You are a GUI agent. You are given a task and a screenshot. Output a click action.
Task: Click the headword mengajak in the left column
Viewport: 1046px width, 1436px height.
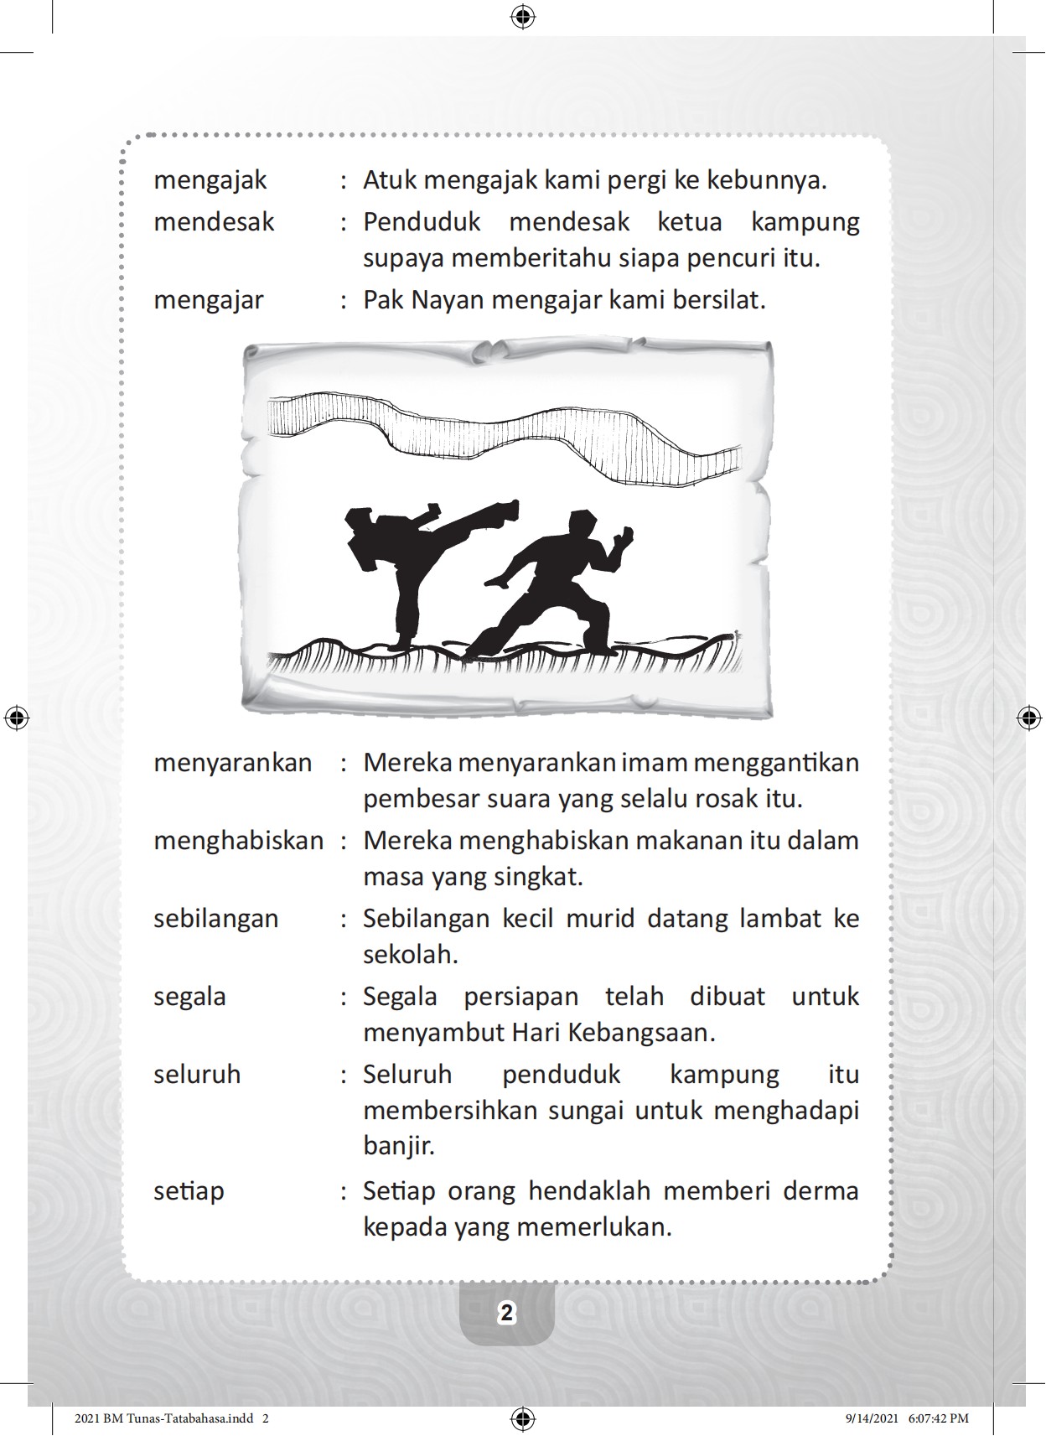pyautogui.click(x=210, y=181)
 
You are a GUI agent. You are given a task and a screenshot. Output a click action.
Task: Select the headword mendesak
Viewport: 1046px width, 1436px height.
pyautogui.click(x=214, y=222)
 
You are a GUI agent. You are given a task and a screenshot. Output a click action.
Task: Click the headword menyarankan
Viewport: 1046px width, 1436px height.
pyautogui.click(x=232, y=763)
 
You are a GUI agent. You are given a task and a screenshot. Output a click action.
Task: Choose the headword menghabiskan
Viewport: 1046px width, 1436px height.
pyautogui.click(x=238, y=841)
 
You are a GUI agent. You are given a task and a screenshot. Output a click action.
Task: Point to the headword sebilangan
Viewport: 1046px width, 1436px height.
pyautogui.click(x=215, y=919)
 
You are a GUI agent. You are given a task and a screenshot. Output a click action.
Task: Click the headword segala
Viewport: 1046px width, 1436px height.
pyautogui.click(x=189, y=997)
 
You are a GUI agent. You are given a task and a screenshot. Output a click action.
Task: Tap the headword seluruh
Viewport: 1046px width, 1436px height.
pyautogui.click(x=196, y=1075)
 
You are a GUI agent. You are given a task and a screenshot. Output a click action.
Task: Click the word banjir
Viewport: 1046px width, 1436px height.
pyautogui.click(x=398, y=1146)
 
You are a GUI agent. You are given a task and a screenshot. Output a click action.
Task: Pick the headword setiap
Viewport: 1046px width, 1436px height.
pyautogui.click(x=189, y=1191)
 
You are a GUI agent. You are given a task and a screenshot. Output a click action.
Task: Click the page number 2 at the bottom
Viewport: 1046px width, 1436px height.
pyautogui.click(x=506, y=1314)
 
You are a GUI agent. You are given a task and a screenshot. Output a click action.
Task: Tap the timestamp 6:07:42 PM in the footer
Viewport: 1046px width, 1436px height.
pyautogui.click(x=939, y=1418)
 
